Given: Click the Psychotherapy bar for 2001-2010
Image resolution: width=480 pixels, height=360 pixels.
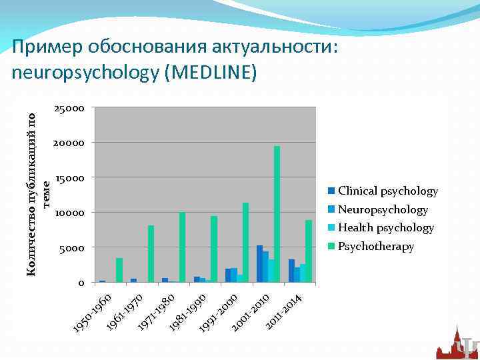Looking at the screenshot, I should [x=277, y=214].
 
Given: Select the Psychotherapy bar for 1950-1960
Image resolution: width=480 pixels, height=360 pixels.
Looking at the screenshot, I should [x=119, y=270].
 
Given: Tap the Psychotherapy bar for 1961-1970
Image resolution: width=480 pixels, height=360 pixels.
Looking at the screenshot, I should [x=151, y=254].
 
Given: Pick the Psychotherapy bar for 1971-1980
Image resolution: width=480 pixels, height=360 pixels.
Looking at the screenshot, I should [x=182, y=247].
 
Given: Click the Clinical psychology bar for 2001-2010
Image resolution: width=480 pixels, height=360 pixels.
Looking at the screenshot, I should [x=259, y=264].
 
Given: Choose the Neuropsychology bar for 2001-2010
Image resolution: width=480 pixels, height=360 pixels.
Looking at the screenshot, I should [x=265, y=267].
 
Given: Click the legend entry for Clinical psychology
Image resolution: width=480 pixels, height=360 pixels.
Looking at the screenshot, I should [x=387, y=191].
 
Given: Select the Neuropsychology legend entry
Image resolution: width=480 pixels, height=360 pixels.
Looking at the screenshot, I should [x=383, y=210].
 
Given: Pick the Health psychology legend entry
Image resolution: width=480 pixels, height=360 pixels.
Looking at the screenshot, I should [x=385, y=228].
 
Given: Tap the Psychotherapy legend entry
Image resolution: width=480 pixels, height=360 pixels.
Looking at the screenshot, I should [x=376, y=247].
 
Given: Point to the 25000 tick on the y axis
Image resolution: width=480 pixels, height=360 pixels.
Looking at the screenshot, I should [x=69, y=108].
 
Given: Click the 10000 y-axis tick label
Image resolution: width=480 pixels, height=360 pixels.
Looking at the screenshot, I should [x=69, y=213].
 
